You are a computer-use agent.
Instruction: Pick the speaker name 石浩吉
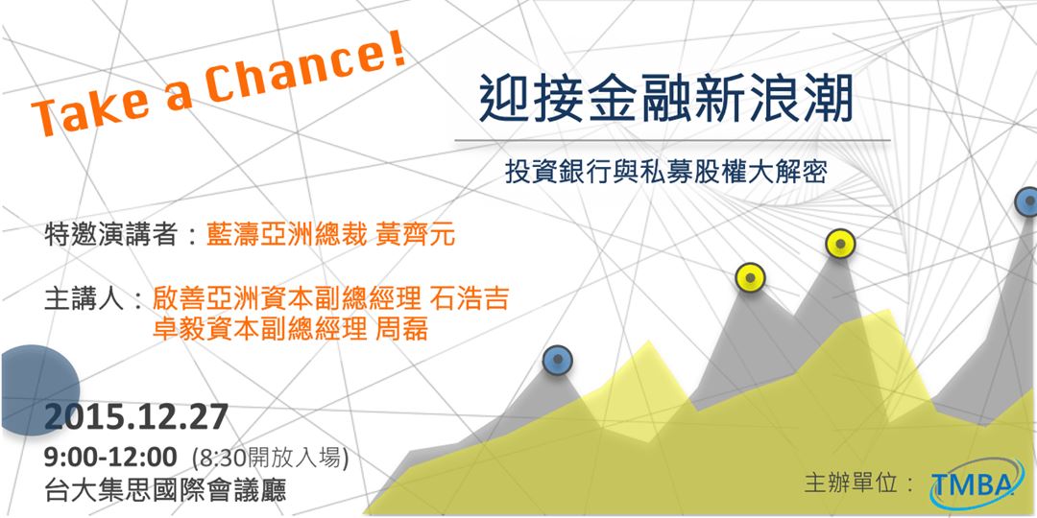(467, 298)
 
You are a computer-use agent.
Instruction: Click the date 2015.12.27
(136, 417)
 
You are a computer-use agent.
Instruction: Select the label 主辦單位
(858, 483)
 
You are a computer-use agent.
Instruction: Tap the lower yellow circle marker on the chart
(749, 278)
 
